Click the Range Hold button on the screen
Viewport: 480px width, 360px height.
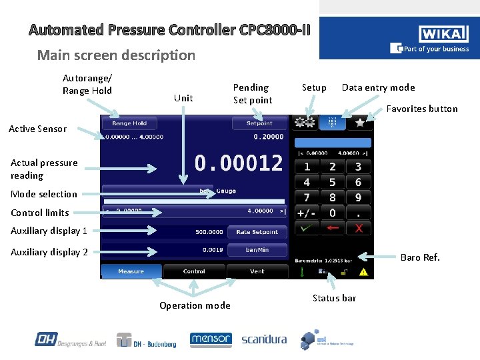click(129, 123)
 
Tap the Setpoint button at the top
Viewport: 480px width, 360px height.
click(259, 123)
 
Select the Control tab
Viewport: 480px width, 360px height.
click(194, 271)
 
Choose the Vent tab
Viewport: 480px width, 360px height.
click(257, 271)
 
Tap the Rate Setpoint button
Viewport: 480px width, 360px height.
click(257, 232)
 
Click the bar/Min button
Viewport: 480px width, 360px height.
click(257, 249)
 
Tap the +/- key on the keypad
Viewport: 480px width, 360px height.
click(307, 213)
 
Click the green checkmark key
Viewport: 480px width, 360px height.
click(307, 229)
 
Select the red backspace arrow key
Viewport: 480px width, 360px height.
click(333, 229)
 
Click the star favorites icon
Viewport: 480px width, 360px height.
click(359, 123)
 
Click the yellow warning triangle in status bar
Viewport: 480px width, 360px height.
click(363, 272)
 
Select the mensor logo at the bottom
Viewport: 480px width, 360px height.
click(211, 339)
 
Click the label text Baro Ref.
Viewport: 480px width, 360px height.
click(420, 257)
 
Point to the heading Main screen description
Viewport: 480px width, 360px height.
click(116, 55)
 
